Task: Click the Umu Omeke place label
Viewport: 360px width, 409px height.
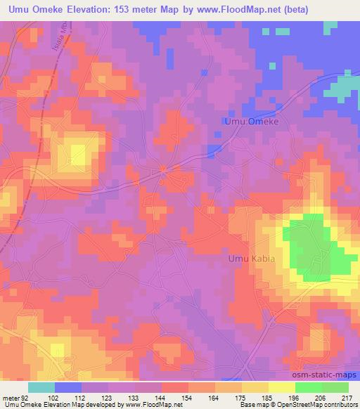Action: (251, 122)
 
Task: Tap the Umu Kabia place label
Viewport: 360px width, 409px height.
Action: (251, 259)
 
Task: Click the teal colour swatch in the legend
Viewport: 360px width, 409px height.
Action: (41, 387)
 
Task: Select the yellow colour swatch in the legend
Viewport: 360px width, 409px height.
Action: (281, 387)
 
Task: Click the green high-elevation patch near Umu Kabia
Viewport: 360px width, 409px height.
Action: (310, 246)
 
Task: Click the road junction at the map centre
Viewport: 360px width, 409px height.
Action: (163, 169)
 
